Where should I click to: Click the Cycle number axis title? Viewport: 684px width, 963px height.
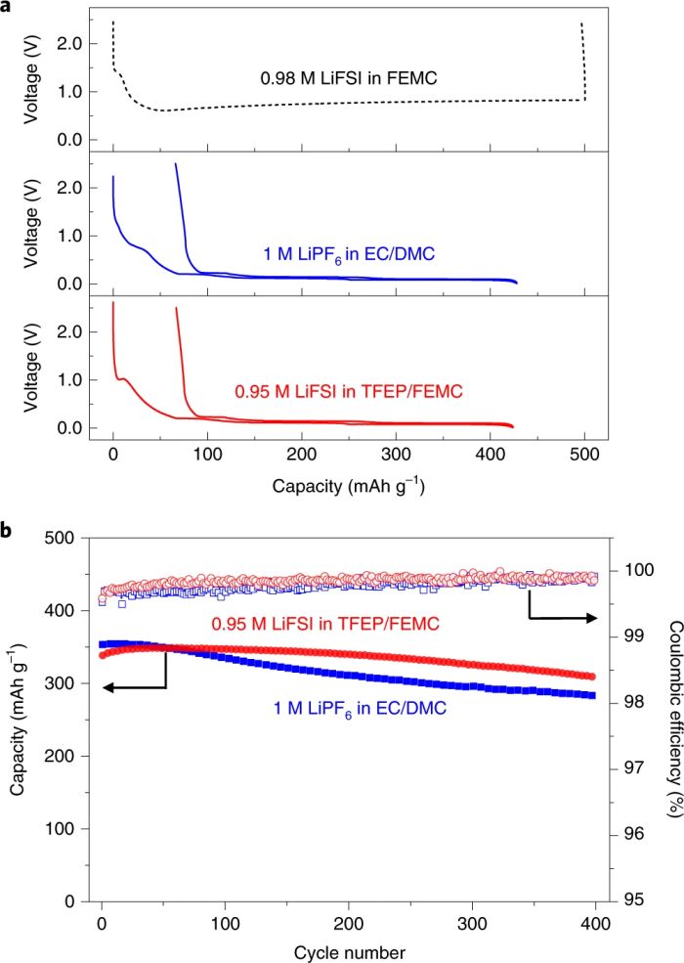349,949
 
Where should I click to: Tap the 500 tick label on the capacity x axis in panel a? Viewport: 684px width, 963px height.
583,457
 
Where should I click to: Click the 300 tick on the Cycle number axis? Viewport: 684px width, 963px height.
473,925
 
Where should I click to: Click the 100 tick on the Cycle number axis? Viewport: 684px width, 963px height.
226,925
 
